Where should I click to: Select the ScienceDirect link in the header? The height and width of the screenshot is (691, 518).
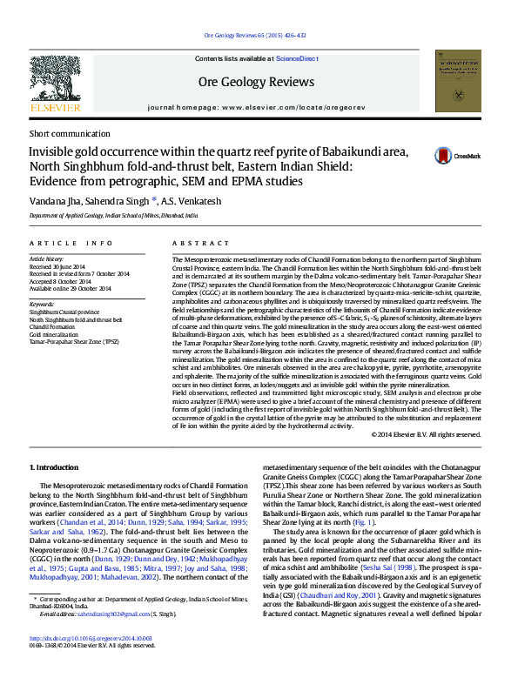pyautogui.click(x=297, y=58)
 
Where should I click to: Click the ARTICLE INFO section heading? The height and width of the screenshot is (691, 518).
pyautogui.click(x=71, y=243)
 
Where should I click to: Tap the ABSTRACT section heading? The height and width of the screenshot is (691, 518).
pyautogui.click(x=190, y=243)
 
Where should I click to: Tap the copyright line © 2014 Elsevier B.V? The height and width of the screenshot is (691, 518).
pyautogui.click(x=426, y=433)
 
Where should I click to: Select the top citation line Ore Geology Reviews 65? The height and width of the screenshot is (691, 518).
pyautogui.click(x=255, y=36)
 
